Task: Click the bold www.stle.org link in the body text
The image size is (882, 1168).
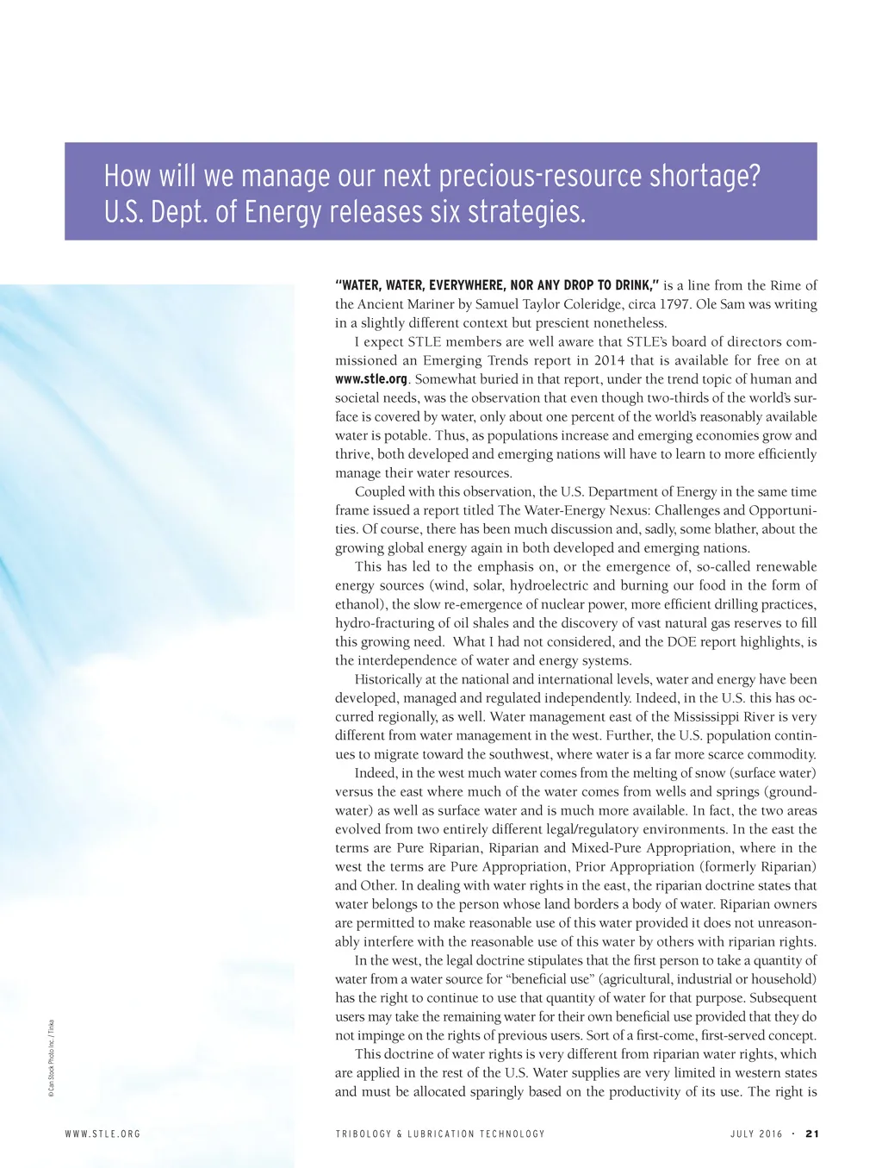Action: pos(370,379)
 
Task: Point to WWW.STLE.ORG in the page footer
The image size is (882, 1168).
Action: pos(102,1134)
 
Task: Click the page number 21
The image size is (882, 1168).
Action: pos(811,1134)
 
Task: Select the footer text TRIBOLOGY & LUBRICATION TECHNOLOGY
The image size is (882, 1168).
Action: pos(440,1134)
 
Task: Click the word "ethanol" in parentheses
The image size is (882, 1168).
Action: pos(359,604)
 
